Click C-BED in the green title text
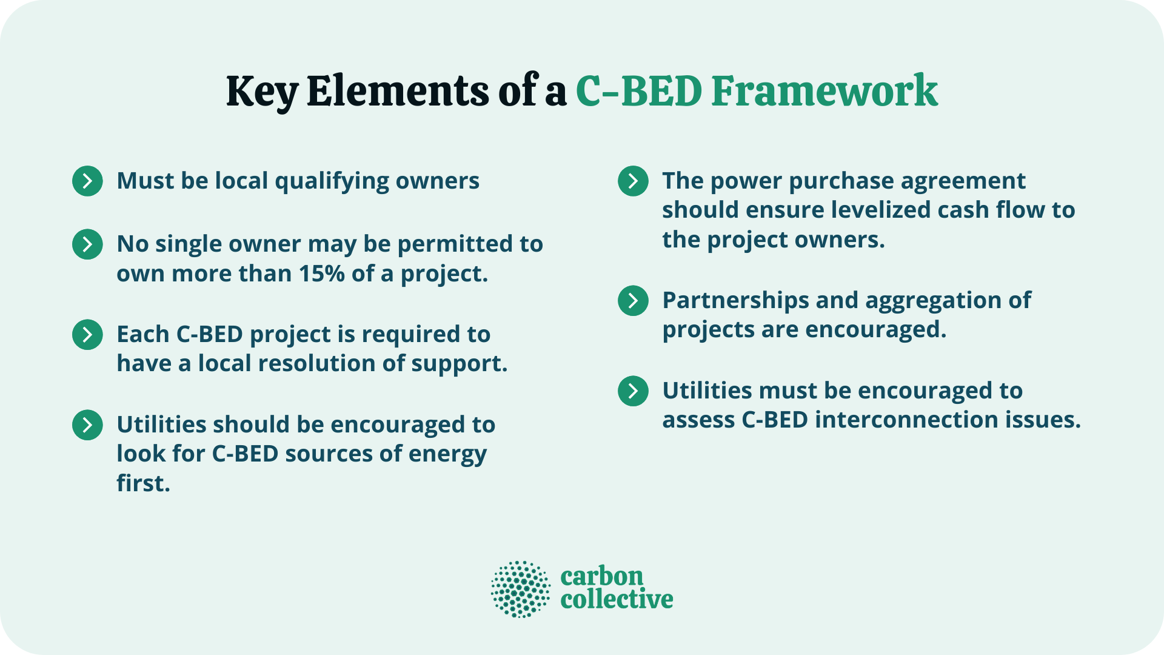[x=638, y=91]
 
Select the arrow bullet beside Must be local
[x=87, y=181]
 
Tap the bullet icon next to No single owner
[x=87, y=244]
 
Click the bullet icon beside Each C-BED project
[x=87, y=334]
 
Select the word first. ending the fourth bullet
[x=143, y=483]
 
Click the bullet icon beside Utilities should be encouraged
[x=87, y=425]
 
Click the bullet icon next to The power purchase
[x=633, y=181]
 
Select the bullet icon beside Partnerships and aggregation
[x=633, y=300]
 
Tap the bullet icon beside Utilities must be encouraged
[x=633, y=391]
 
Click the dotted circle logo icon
[x=520, y=589]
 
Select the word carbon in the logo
[x=601, y=576]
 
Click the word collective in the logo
[x=617, y=599]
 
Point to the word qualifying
[x=332, y=181]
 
